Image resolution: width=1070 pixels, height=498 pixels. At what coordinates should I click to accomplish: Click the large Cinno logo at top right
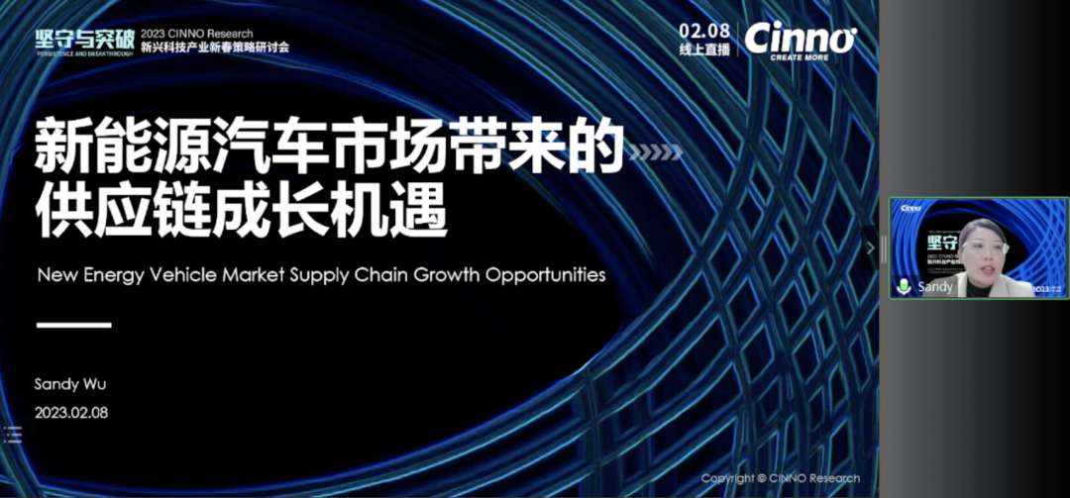799,38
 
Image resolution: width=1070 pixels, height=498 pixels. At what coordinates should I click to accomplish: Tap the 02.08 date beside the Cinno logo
704,29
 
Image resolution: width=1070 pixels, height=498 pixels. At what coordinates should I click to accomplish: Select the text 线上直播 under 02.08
704,49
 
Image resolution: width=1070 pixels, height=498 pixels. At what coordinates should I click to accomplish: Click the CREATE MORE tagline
800,57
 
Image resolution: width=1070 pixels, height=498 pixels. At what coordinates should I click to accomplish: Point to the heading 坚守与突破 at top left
77,38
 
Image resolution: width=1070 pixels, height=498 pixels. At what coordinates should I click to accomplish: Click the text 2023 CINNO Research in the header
196,32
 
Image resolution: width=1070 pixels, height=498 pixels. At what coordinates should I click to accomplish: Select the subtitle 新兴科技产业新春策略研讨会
215,47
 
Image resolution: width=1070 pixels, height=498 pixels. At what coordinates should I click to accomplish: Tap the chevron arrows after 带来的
657,151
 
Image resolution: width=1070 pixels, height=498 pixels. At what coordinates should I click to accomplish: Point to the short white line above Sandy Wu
73,325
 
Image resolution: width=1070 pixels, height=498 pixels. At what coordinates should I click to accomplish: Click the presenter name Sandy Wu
69,383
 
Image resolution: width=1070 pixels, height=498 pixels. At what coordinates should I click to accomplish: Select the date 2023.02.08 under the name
71,411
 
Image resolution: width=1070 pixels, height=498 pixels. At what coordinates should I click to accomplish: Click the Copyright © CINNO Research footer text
781,478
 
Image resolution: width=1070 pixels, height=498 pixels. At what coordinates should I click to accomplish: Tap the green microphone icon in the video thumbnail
904,286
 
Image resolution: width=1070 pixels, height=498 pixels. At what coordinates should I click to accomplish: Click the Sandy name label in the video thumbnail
935,286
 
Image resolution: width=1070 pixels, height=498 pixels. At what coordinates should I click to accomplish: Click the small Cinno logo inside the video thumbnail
910,208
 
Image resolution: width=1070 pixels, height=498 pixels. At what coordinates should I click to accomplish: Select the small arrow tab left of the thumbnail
871,248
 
